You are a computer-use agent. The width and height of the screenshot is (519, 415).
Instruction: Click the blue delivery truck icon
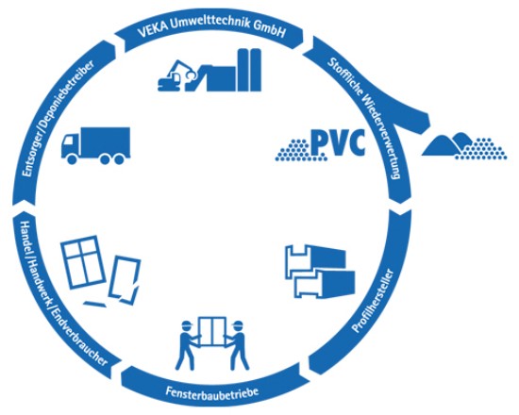[x=94, y=145]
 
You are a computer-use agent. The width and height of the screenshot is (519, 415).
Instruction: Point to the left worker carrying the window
[x=187, y=344]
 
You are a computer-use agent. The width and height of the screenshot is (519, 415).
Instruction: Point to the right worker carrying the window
[x=236, y=344]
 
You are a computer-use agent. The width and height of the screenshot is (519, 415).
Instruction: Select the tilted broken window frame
[x=124, y=280]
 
